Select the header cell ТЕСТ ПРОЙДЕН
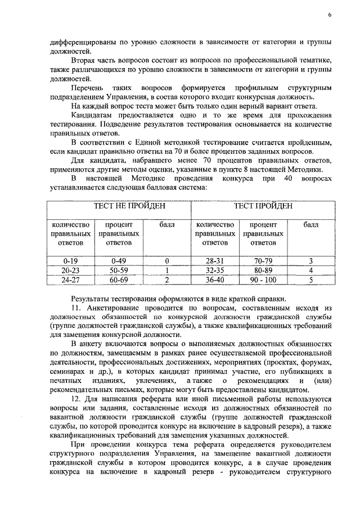(263, 206)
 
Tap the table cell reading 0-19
(70, 261)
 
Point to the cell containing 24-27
(70, 279)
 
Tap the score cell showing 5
(310, 279)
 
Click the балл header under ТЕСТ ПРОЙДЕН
(310, 224)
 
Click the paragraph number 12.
(76, 398)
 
